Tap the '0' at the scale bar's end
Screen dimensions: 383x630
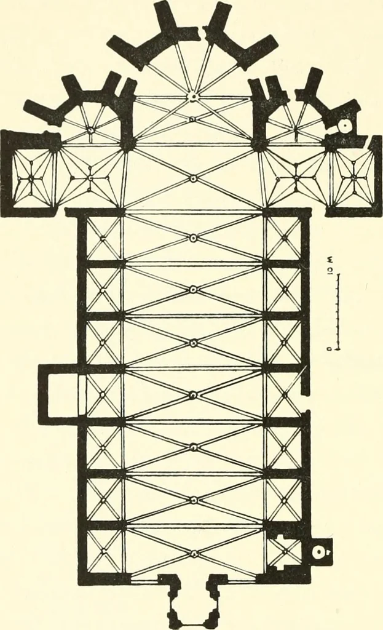pos(329,349)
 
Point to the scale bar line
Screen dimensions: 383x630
pos(339,313)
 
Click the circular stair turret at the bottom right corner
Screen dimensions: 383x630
pos(318,552)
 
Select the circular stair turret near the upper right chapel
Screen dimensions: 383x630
pos(344,126)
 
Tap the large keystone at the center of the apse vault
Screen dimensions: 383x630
pos(194,96)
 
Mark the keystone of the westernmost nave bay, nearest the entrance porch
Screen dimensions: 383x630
pos(194,553)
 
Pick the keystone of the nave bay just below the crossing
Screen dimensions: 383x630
pos(193,238)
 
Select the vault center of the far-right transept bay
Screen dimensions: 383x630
pos(354,177)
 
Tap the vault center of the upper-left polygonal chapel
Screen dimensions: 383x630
pos(91,130)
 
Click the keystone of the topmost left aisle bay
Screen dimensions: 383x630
pos(103,238)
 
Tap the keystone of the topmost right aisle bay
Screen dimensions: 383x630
pos(284,238)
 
